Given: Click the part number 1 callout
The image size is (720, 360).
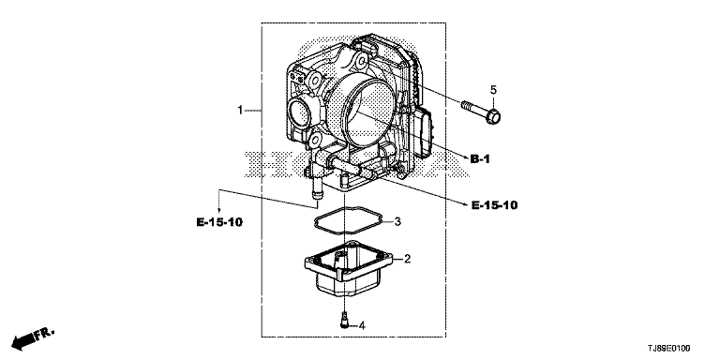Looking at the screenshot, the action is tap(240, 111).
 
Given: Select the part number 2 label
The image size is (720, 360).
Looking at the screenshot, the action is tap(407, 259).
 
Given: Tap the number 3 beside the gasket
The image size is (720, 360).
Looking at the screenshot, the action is tap(397, 222).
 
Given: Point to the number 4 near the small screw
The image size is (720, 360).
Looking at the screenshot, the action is tap(362, 326).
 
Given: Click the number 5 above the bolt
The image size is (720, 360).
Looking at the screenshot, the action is tap(494, 90).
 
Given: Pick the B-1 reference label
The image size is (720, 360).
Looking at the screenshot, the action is tap(480, 159).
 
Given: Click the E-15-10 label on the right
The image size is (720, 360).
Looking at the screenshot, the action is tap(495, 205).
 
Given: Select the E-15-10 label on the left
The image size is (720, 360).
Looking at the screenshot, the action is tap(219, 222).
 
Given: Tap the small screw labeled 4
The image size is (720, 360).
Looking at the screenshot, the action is tap(344, 319).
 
